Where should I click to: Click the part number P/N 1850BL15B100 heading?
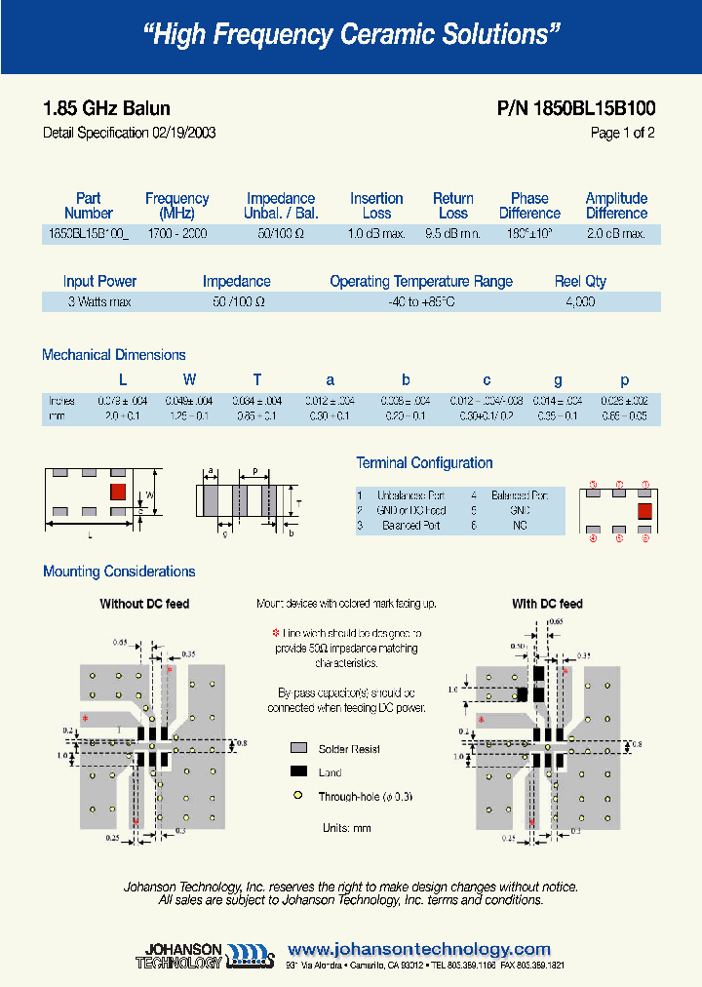576,109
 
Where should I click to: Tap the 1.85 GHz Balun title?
107,109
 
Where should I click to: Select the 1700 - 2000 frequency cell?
177,234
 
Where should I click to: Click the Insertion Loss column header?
376,206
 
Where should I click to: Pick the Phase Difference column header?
529,206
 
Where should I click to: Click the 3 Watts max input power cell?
99,302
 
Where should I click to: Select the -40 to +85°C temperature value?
420,302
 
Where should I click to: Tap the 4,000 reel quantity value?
580,302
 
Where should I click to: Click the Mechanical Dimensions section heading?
114,355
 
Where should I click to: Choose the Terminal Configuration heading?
424,463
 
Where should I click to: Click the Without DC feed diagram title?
144,605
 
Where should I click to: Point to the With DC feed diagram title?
547,605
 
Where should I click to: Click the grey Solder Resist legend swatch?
298,749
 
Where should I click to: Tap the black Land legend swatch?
298,772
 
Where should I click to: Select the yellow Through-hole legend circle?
298,797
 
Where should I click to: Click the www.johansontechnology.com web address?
420,949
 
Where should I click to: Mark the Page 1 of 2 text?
622,134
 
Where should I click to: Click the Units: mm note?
346,828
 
